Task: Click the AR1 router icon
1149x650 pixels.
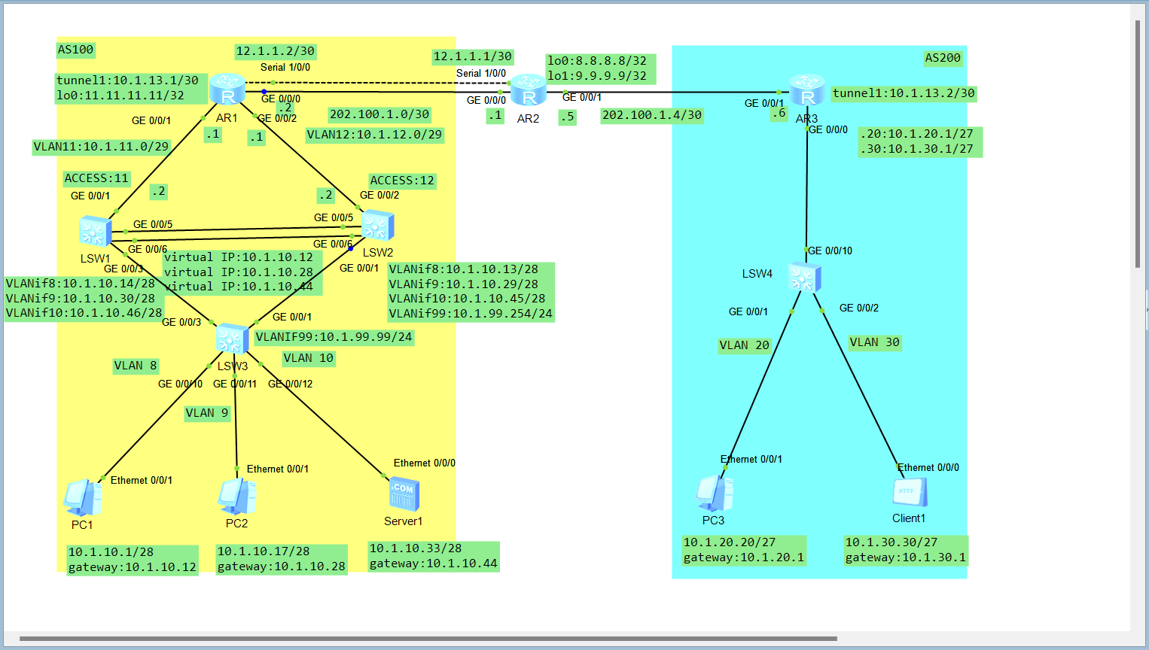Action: (227, 90)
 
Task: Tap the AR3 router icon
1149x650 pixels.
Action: (807, 90)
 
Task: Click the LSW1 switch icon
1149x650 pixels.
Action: (96, 232)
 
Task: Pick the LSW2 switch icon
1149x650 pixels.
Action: (377, 226)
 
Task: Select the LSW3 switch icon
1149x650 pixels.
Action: (233, 339)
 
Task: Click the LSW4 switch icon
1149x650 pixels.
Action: (804, 278)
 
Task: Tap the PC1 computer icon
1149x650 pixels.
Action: (83, 498)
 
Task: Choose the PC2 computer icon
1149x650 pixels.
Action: (237, 497)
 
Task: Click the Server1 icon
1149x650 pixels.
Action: (404, 494)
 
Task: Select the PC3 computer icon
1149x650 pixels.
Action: (714, 494)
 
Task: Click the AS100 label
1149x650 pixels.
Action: (75, 50)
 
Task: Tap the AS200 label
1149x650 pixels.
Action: (943, 58)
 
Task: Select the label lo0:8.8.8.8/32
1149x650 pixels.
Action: (597, 61)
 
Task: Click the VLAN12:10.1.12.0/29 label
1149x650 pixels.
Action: (374, 135)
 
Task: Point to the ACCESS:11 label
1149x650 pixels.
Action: (96, 178)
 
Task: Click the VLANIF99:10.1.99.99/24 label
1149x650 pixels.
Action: (334, 337)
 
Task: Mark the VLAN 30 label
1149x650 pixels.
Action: (875, 342)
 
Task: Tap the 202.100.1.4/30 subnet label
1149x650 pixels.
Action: (652, 115)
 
